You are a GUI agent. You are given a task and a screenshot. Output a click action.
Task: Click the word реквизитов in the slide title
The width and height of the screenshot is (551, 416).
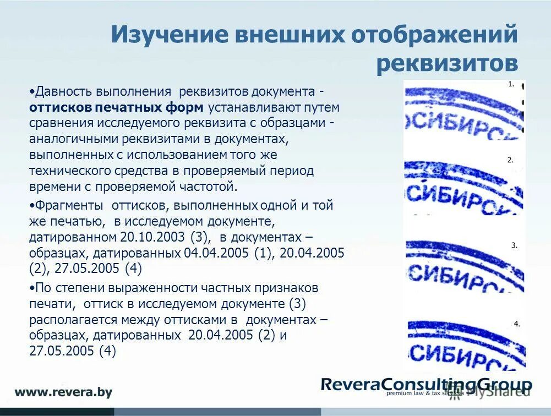click(447, 63)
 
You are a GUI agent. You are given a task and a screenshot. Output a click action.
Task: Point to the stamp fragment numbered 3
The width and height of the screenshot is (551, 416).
click(463, 267)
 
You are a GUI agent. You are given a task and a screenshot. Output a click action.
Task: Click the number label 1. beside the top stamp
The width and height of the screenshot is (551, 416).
click(511, 85)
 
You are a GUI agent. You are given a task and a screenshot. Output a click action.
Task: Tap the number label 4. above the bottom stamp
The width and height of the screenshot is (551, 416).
click(516, 324)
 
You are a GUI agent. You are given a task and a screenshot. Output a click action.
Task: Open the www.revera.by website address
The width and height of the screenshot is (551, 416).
click(63, 392)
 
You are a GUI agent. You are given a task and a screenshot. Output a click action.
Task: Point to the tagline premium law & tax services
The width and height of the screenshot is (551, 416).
click(423, 393)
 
